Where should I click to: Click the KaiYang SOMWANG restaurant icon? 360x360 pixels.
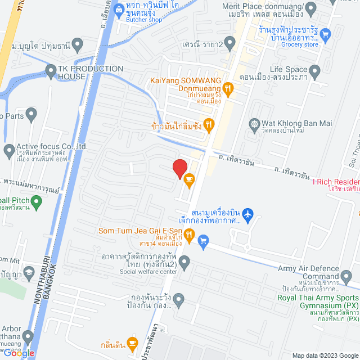(228, 87)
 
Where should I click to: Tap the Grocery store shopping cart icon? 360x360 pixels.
(325, 34)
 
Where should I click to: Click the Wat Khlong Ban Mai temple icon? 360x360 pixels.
(255, 123)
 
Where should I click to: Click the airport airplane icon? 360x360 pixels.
(250, 214)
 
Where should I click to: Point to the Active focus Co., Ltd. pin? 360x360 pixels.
(9, 150)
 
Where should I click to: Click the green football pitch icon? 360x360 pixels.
(37, 201)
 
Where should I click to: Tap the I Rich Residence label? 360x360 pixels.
(337, 182)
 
